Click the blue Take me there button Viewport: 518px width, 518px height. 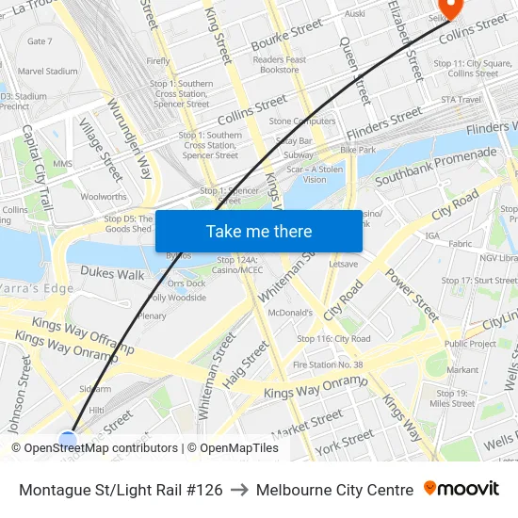point(258,232)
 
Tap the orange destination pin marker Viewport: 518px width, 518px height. point(451,8)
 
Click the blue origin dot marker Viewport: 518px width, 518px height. point(67,440)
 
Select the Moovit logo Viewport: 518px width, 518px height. point(461,489)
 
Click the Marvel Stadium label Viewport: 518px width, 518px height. point(47,71)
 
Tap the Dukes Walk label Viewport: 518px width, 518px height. point(112,274)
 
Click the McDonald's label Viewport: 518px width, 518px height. point(290,313)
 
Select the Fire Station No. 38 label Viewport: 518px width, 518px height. point(328,364)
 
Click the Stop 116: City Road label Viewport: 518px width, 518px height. point(333,339)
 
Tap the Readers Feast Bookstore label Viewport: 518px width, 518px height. point(280,65)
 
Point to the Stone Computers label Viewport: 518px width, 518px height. point(302,121)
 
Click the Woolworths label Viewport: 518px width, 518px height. point(104,197)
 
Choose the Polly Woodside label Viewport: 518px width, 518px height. point(177,298)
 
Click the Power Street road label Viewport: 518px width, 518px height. point(413,295)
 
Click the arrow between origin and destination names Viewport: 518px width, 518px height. point(239,490)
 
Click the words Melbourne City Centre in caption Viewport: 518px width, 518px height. point(334,490)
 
